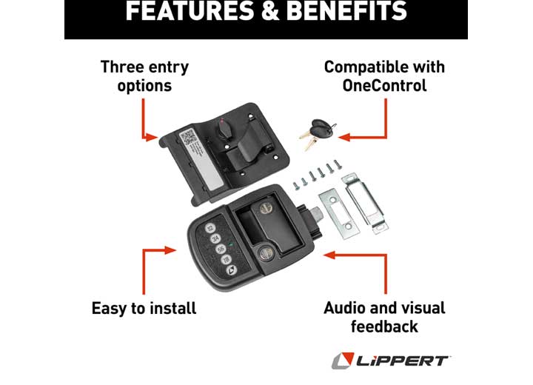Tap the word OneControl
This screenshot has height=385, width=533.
[x=384, y=86]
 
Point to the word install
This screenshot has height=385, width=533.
[x=171, y=308]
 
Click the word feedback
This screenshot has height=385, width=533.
[x=384, y=327]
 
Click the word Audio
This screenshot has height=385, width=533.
[x=346, y=308]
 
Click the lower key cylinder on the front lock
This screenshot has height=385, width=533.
[x=265, y=254]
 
